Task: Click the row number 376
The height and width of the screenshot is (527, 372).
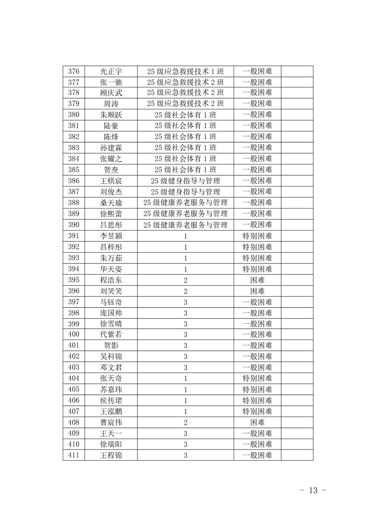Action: pyautogui.click(x=74, y=71)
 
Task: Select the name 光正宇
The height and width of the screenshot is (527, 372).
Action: pyautogui.click(x=111, y=71)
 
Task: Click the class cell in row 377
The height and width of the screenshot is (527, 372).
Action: pyautogui.click(x=185, y=82)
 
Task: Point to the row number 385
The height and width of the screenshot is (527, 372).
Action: pyautogui.click(x=74, y=170)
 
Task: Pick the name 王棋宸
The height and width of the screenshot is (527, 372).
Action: pyautogui.click(x=111, y=181)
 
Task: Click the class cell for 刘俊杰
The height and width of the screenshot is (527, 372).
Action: pyautogui.click(x=185, y=192)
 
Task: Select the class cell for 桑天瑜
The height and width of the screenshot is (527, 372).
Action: pyautogui.click(x=185, y=202)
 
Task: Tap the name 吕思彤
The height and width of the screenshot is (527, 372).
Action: pyautogui.click(x=111, y=225)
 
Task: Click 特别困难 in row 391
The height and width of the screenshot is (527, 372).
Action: pyautogui.click(x=257, y=235)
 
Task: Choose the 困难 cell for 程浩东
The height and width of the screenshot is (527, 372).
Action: pyautogui.click(x=257, y=279)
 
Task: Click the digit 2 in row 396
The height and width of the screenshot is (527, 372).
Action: pyautogui.click(x=185, y=291)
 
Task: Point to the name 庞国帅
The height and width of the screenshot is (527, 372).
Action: pyautogui.click(x=111, y=313)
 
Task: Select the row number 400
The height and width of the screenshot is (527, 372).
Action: pyautogui.click(x=74, y=334)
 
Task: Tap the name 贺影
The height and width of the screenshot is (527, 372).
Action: pyautogui.click(x=111, y=346)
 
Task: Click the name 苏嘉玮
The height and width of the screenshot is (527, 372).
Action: pyautogui.click(x=111, y=389)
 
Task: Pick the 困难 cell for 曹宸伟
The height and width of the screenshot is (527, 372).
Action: pyautogui.click(x=257, y=422)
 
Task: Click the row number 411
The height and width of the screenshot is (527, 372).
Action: pyautogui.click(x=74, y=455)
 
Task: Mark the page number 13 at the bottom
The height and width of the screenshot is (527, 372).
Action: pyautogui.click(x=313, y=490)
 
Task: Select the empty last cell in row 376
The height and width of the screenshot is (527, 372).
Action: pyautogui.click(x=297, y=71)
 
